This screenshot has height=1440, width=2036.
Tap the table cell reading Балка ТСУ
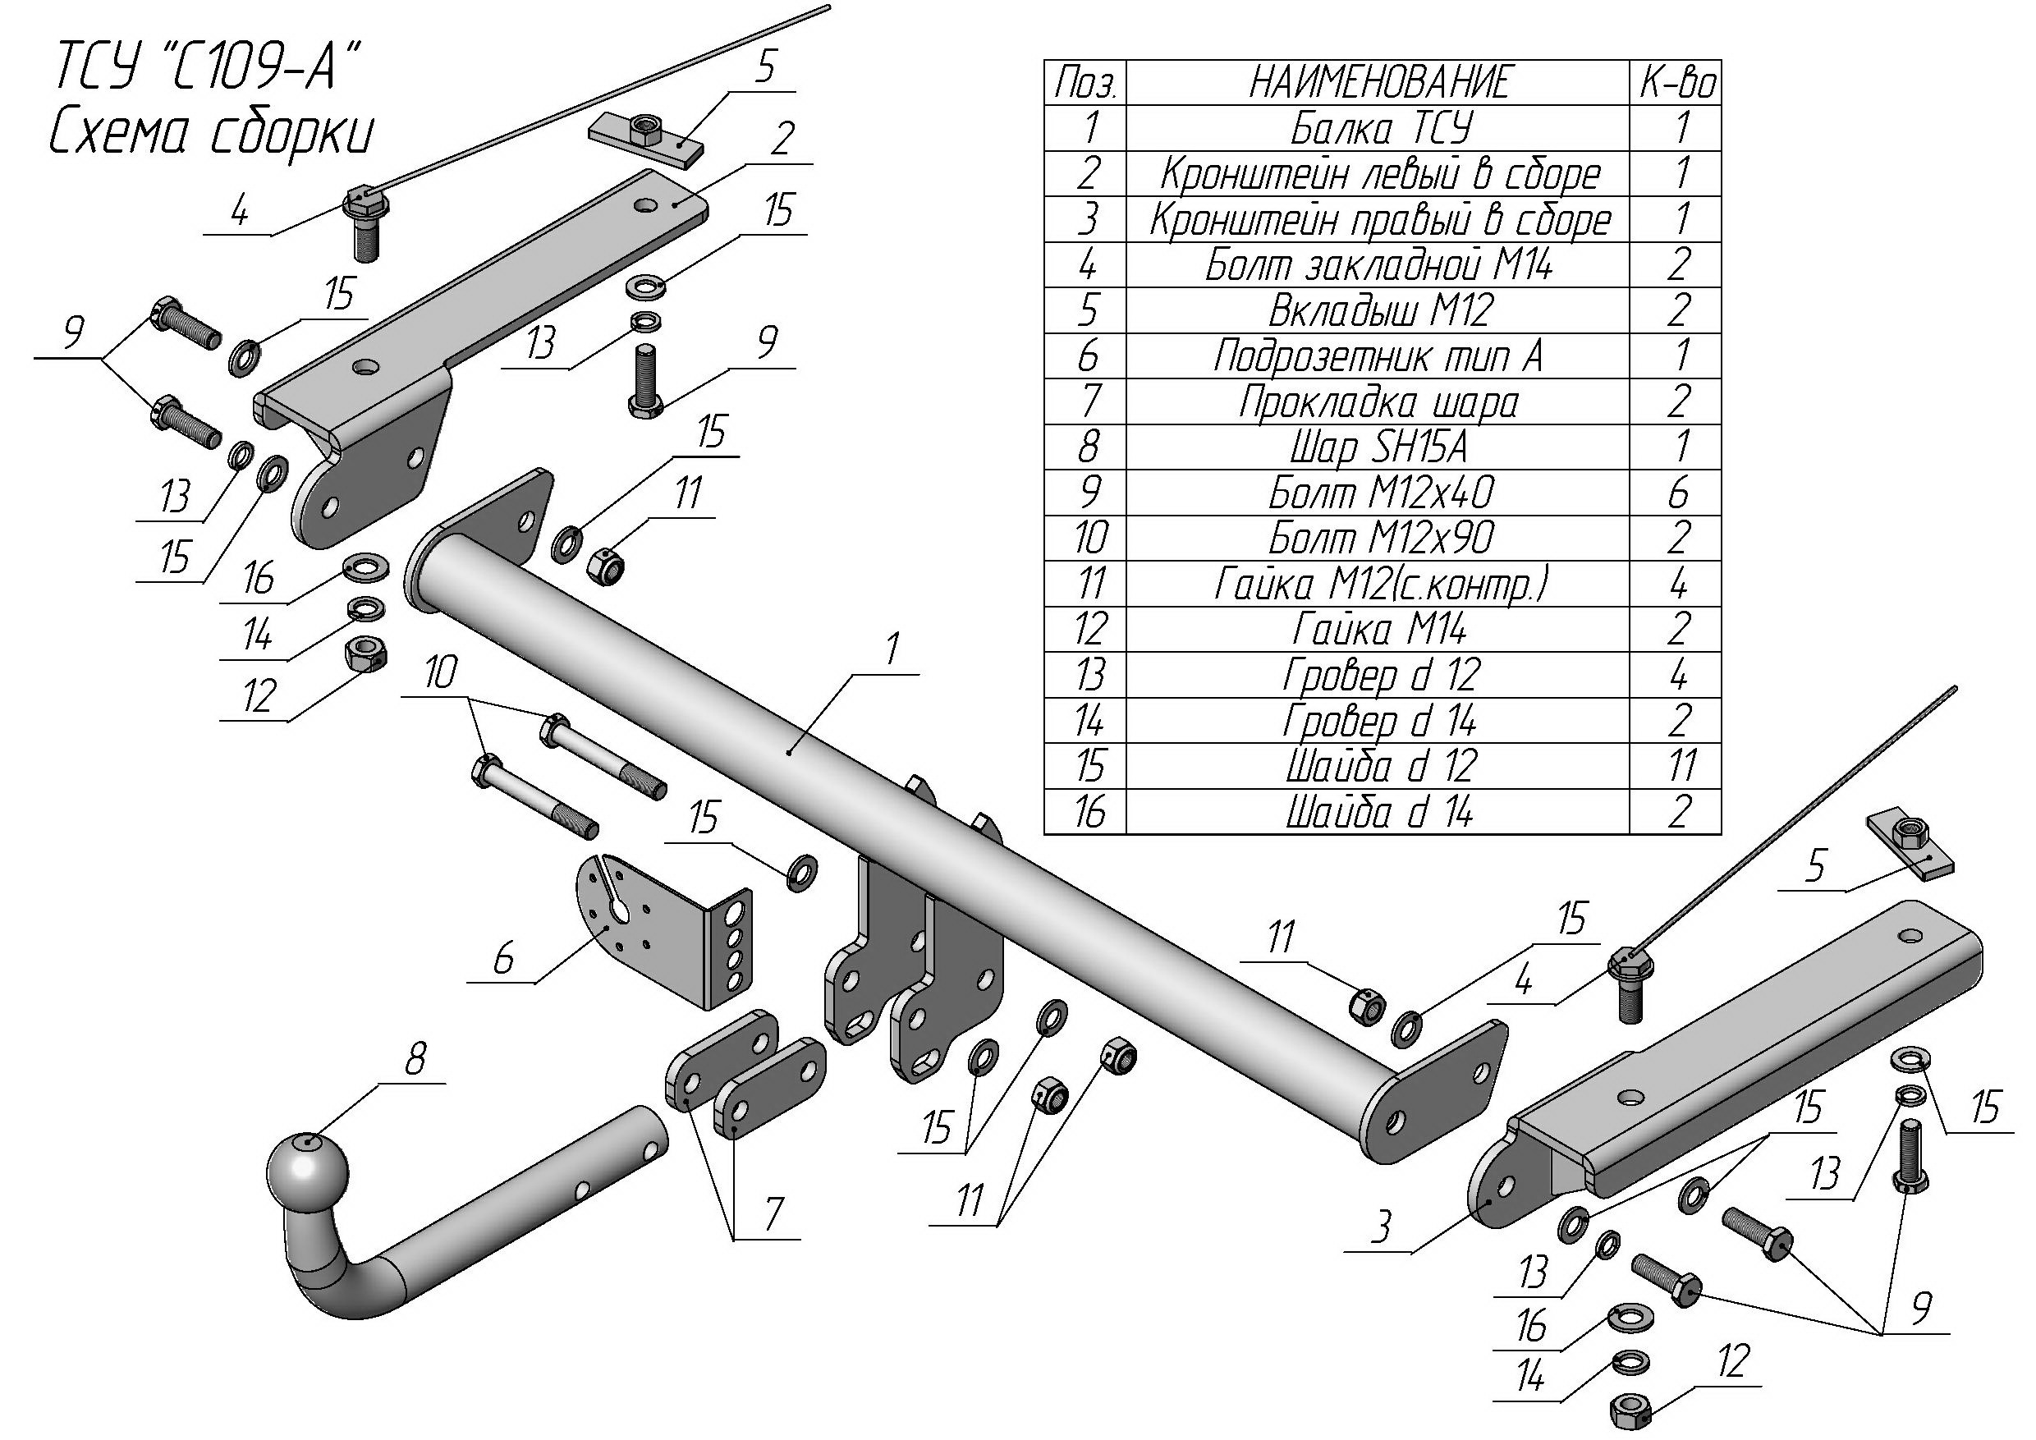(1379, 129)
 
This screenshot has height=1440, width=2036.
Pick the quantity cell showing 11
(1675, 766)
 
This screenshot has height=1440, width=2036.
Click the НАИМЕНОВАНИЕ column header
(1379, 82)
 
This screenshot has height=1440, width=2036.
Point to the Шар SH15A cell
(1379, 447)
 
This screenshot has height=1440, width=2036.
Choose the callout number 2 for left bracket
(782, 140)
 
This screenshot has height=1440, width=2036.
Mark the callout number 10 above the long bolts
(441, 673)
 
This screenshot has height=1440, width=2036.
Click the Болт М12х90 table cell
(1379, 539)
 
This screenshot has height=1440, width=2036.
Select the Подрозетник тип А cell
(1379, 356)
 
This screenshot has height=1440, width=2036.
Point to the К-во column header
(1675, 82)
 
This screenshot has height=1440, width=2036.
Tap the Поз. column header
(1085, 82)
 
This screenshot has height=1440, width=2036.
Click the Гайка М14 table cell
(1379, 630)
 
